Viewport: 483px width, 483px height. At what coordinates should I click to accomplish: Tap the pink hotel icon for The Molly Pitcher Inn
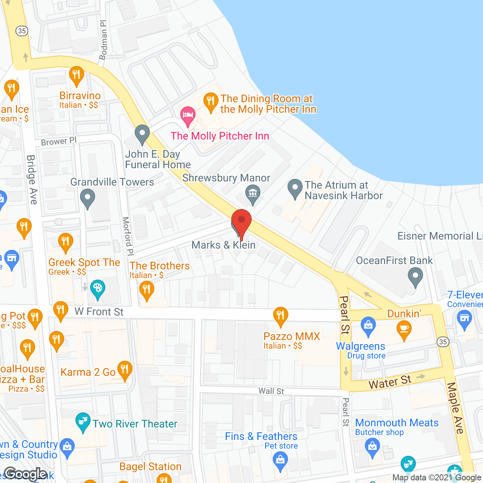pos(188,115)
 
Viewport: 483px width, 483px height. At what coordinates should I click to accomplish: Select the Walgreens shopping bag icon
pos(368,326)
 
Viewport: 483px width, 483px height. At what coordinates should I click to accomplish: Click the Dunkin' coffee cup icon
pos(404,329)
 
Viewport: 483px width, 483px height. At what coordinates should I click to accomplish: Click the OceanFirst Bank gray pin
pos(415,276)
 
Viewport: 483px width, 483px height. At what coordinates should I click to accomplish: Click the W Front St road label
pos(99,312)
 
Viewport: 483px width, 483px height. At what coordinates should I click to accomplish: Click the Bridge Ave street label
pos(32,180)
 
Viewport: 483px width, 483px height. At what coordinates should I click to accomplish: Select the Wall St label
pos(271,391)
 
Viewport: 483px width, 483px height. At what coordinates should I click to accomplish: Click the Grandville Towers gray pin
pos(88,197)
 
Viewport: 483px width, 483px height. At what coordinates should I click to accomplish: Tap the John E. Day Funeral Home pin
pos(142,134)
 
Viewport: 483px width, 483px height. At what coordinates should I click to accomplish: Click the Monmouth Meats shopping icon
pos(372,447)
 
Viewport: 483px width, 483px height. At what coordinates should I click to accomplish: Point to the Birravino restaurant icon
pos(77,75)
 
